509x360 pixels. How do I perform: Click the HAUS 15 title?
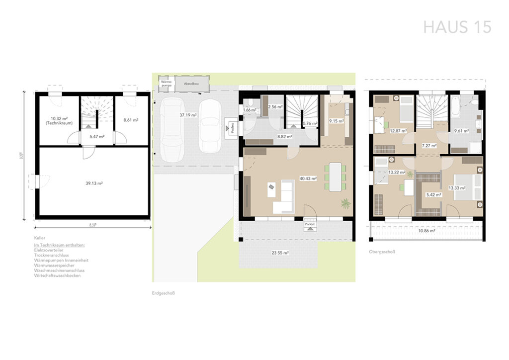[457, 27]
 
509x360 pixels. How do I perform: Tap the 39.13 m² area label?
[93, 183]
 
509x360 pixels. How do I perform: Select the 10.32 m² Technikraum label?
[58, 121]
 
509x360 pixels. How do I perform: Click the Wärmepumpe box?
[166, 84]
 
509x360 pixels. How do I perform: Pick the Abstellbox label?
[191, 84]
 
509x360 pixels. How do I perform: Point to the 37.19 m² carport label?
[188, 115]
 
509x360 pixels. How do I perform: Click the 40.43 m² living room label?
[308, 179]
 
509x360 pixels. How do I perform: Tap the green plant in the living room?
[344, 202]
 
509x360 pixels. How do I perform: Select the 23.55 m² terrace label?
[280, 253]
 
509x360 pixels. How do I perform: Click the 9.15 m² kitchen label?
[336, 120]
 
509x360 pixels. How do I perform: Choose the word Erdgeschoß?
[164, 293]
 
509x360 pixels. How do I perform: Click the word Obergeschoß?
[382, 252]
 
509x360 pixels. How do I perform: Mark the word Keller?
[40, 239]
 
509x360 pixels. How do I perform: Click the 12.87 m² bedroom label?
[398, 131]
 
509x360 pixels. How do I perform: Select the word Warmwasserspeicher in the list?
[55, 266]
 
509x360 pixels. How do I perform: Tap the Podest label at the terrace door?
[309, 225]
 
